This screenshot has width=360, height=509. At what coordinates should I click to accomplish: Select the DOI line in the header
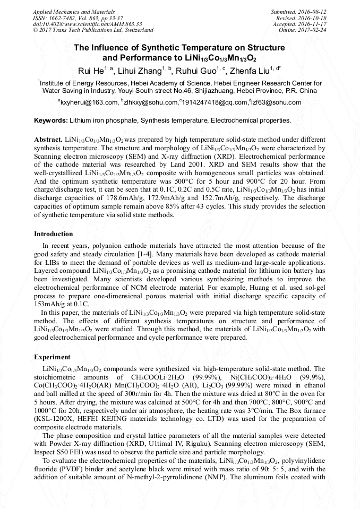88,24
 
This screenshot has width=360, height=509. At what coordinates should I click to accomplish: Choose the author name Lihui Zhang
138,71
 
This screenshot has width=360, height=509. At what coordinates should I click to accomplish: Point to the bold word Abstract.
49,139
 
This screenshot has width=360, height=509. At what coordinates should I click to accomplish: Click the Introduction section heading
54,234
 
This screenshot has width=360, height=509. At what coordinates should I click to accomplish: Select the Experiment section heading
52,357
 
